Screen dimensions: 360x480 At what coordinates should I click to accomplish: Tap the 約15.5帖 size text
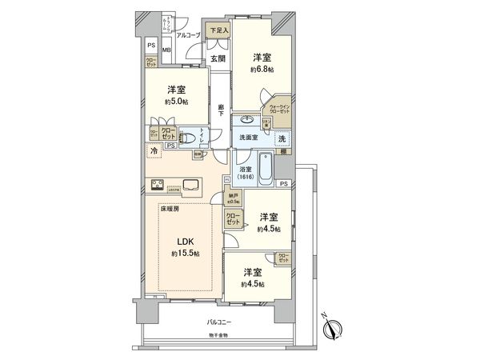point(185,254)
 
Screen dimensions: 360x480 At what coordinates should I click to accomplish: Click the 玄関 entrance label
point(217,58)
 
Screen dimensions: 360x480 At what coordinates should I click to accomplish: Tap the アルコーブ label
point(189,36)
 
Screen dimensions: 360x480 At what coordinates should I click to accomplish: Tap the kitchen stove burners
point(158,189)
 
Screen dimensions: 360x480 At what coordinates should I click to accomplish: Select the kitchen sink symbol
point(193,187)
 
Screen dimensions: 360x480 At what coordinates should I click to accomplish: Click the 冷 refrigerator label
point(153,150)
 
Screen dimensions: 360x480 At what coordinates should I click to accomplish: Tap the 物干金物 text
point(218,334)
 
